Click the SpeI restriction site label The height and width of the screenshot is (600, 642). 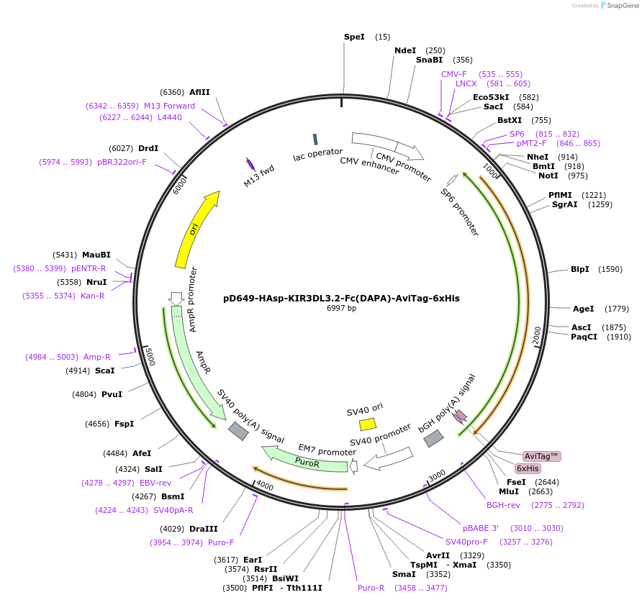tap(354, 37)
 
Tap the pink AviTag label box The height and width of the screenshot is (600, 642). tap(541, 456)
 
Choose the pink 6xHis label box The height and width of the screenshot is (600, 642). tap(532, 468)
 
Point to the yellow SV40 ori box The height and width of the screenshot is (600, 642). tap(367, 424)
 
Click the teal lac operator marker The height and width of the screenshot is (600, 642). tap(315, 139)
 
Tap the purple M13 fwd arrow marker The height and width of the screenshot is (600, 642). tap(250, 165)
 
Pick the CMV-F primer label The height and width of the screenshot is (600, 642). tap(453, 74)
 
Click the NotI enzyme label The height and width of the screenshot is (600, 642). tap(548, 176)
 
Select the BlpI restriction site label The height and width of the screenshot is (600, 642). tap(579, 269)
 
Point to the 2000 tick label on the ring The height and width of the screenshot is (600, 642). tap(536, 335)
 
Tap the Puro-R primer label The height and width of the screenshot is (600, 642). tap(371, 588)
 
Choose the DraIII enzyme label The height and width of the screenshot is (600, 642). tap(203, 529)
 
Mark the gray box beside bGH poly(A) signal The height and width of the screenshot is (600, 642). tap(433, 438)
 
